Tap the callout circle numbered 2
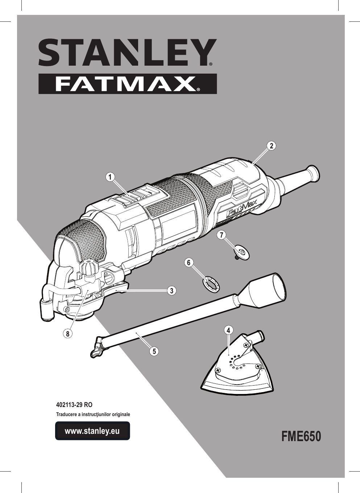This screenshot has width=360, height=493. pyautogui.click(x=272, y=146)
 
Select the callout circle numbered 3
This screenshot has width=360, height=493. pyautogui.click(x=172, y=291)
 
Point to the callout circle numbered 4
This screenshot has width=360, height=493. pyautogui.click(x=228, y=330)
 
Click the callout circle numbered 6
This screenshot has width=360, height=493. pyautogui.click(x=189, y=263)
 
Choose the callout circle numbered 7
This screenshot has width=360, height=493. pyautogui.click(x=221, y=235)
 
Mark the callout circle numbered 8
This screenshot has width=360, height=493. pyautogui.click(x=68, y=334)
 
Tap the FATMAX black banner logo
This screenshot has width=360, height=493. pyautogui.click(x=128, y=84)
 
